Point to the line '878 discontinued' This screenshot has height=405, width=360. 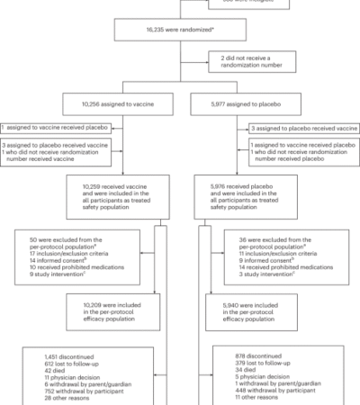click(x=249, y=357)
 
